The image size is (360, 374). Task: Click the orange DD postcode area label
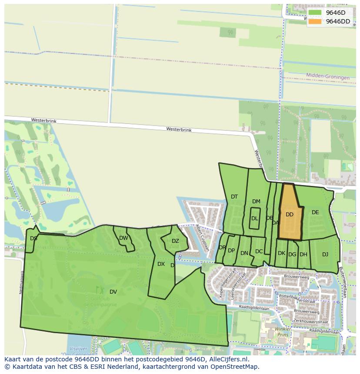pyautogui.click(x=290, y=215)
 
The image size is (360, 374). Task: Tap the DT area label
pyautogui.click(x=234, y=197)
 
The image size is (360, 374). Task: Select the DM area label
pyautogui.click(x=256, y=202)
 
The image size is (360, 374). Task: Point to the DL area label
pyautogui.click(x=255, y=218)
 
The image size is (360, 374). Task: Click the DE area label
pyautogui.click(x=315, y=212)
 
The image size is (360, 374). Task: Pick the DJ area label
pyautogui.click(x=325, y=255)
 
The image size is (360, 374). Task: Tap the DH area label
pyautogui.click(x=303, y=255)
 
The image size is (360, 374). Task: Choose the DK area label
pyautogui.click(x=281, y=253)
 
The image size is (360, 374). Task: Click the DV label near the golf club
pyautogui.click(x=113, y=291)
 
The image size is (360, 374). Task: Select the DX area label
pyautogui.click(x=161, y=264)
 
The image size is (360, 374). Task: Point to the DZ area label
pyautogui.click(x=175, y=241)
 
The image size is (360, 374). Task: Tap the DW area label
pyautogui.click(x=123, y=238)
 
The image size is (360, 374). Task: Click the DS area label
pyautogui.click(x=33, y=238)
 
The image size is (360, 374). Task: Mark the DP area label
pyautogui.click(x=231, y=251)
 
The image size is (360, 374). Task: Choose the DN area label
pyautogui.click(x=244, y=253)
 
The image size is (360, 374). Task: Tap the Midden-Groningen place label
pyautogui.click(x=328, y=77)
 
